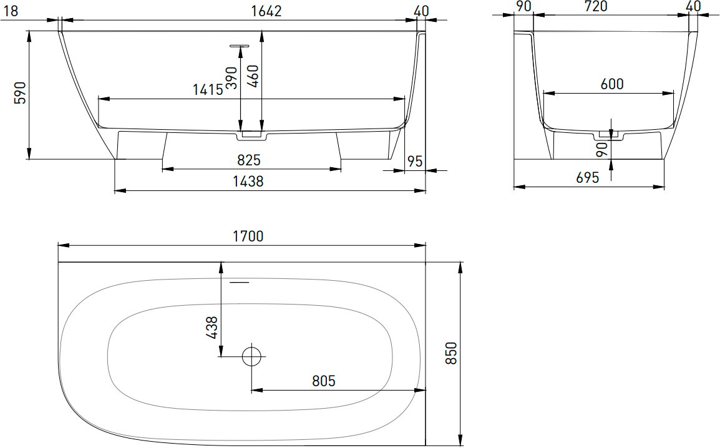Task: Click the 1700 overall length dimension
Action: point(248,236)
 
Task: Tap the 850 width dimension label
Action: point(451,353)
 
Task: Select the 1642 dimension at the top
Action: point(266,11)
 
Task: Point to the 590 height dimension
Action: point(21,93)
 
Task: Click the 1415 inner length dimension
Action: point(208,89)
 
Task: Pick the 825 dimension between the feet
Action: point(249,160)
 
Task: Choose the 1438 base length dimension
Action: point(248,182)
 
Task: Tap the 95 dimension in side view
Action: point(415,161)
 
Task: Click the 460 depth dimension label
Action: point(253,75)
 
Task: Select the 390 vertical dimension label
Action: point(231,77)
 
